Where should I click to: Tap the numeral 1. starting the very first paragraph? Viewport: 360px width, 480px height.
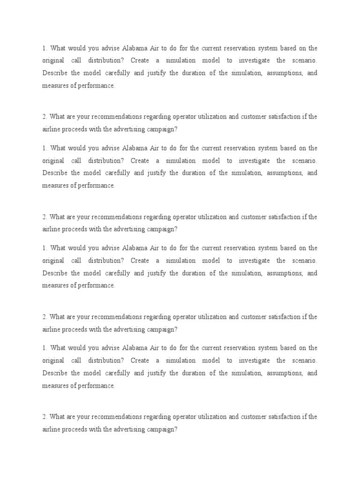(45, 48)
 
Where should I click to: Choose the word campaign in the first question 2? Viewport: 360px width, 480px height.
(162, 129)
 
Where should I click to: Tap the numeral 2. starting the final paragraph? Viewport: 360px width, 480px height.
(45, 417)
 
